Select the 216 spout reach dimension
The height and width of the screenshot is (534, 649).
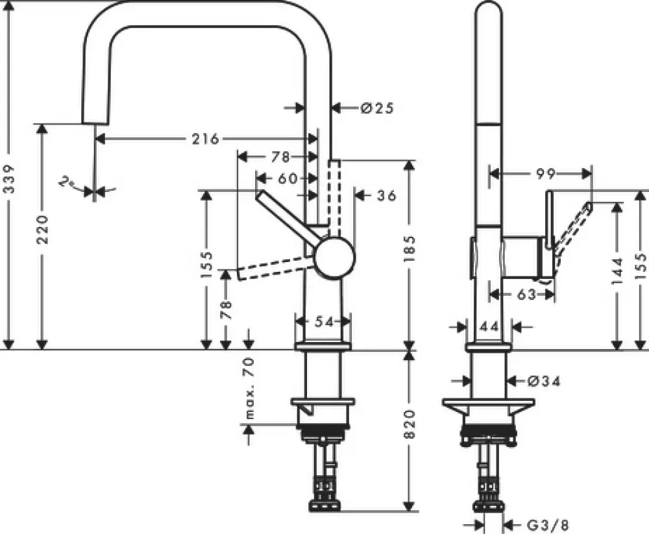(205, 138)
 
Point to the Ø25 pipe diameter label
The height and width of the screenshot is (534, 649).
(376, 108)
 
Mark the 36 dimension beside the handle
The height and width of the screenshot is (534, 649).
(386, 195)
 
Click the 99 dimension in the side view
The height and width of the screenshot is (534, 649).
(546, 173)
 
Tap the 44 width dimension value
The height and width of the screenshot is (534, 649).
(490, 326)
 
